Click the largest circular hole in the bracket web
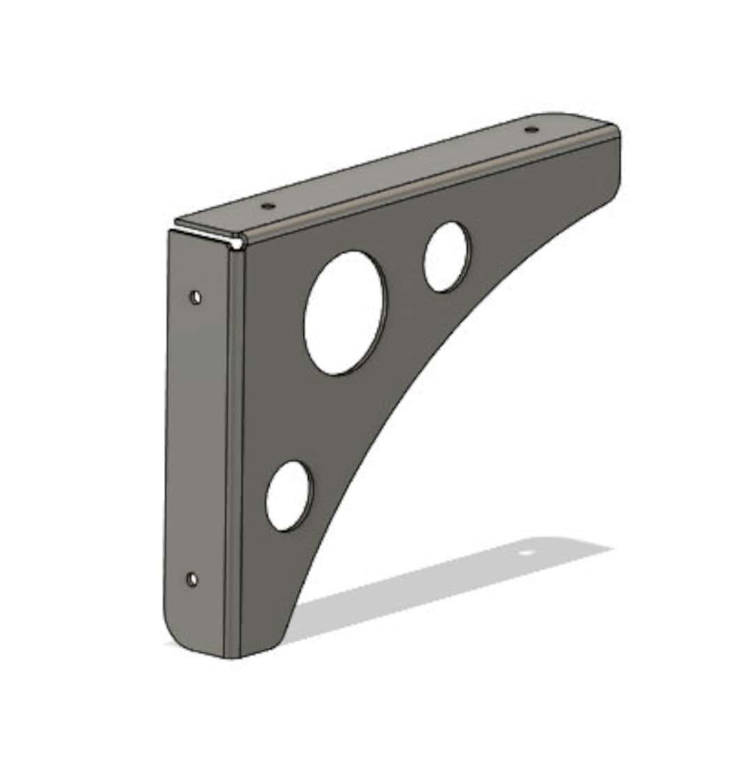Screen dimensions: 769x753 (x=344, y=313)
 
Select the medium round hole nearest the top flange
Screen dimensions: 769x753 (x=446, y=257)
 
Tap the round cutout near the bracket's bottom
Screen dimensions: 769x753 (x=289, y=496)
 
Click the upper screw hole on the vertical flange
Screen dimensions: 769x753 (x=196, y=297)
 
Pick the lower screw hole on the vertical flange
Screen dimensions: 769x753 (x=192, y=579)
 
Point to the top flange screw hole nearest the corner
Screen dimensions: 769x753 (x=268, y=206)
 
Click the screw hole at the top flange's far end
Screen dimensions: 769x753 (x=531, y=130)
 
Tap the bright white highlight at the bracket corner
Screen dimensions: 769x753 (x=238, y=243)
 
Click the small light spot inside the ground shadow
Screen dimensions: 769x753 (x=526, y=552)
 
